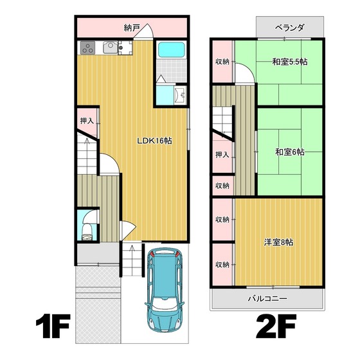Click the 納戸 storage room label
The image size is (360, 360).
point(131,28)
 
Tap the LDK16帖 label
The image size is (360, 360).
point(154,141)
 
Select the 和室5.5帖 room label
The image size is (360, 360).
point(290,62)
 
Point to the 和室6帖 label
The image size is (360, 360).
point(290,152)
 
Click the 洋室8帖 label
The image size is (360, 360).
point(278,242)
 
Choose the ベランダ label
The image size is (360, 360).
point(290,28)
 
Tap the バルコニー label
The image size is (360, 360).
point(267,298)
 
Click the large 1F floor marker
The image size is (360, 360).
point(53,327)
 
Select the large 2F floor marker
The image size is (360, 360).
point(276,327)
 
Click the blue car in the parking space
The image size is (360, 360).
point(165,290)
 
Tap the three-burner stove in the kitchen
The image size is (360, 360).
point(87,48)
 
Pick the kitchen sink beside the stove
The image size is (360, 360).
point(110,47)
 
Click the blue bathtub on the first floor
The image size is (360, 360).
point(172,50)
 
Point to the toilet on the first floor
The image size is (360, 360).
point(87,232)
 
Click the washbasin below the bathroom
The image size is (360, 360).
point(180,95)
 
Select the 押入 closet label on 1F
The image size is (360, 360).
point(87,121)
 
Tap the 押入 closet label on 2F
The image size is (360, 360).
point(222,154)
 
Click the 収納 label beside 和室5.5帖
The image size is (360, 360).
point(222,62)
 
